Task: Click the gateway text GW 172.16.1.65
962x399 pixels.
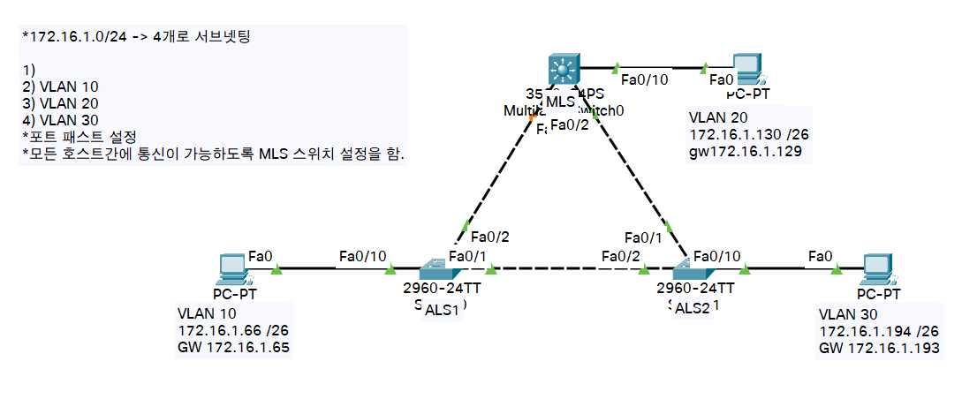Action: coord(233,347)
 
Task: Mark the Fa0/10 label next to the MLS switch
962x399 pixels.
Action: coord(646,80)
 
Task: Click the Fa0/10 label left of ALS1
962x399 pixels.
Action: coord(362,256)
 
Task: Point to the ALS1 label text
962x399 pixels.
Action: coord(442,310)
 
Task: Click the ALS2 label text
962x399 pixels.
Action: coord(692,308)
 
